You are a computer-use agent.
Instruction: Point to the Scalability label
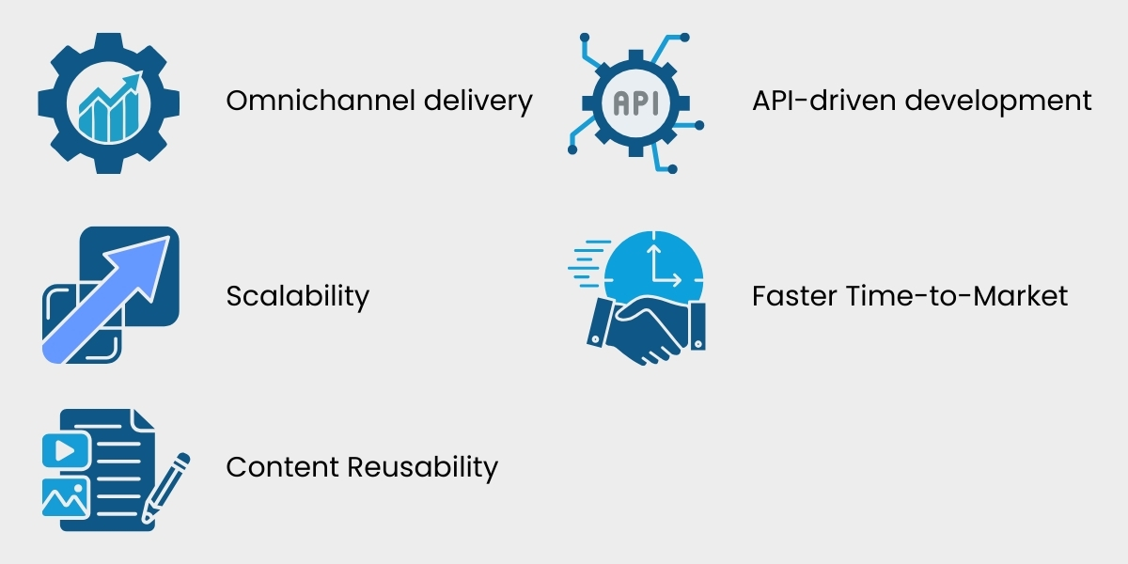tap(297, 297)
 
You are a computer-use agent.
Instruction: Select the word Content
tap(281, 466)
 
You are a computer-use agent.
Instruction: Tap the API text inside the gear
tap(635, 102)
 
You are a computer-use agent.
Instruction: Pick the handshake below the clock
tap(645, 329)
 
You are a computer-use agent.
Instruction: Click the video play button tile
tap(65, 450)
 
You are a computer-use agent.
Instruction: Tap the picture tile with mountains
tap(65, 496)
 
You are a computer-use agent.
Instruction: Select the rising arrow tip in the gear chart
tap(136, 80)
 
